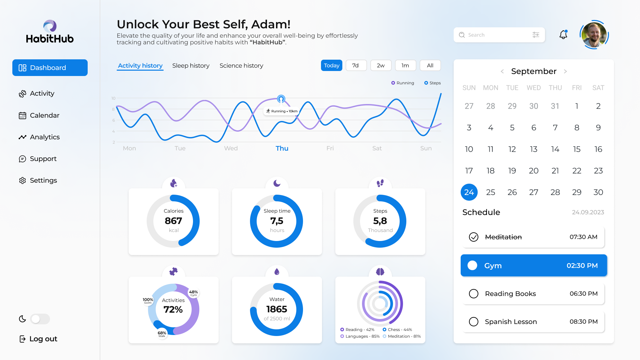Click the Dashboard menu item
[x=50, y=68]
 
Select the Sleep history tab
[x=191, y=66]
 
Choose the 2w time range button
[x=381, y=66]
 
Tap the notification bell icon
[x=563, y=35]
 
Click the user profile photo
[x=594, y=35]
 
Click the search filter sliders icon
[x=536, y=35]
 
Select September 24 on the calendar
[x=469, y=192]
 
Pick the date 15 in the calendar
[x=577, y=149]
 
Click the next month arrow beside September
[x=565, y=71]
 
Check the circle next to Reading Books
[x=474, y=294]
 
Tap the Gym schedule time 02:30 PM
[x=582, y=266]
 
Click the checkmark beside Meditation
[x=474, y=237]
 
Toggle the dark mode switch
[x=40, y=319]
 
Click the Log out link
[x=38, y=339]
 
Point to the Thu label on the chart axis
[x=282, y=148]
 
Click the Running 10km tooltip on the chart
[x=282, y=111]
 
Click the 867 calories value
[x=173, y=221]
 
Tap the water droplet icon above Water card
[x=277, y=272]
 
